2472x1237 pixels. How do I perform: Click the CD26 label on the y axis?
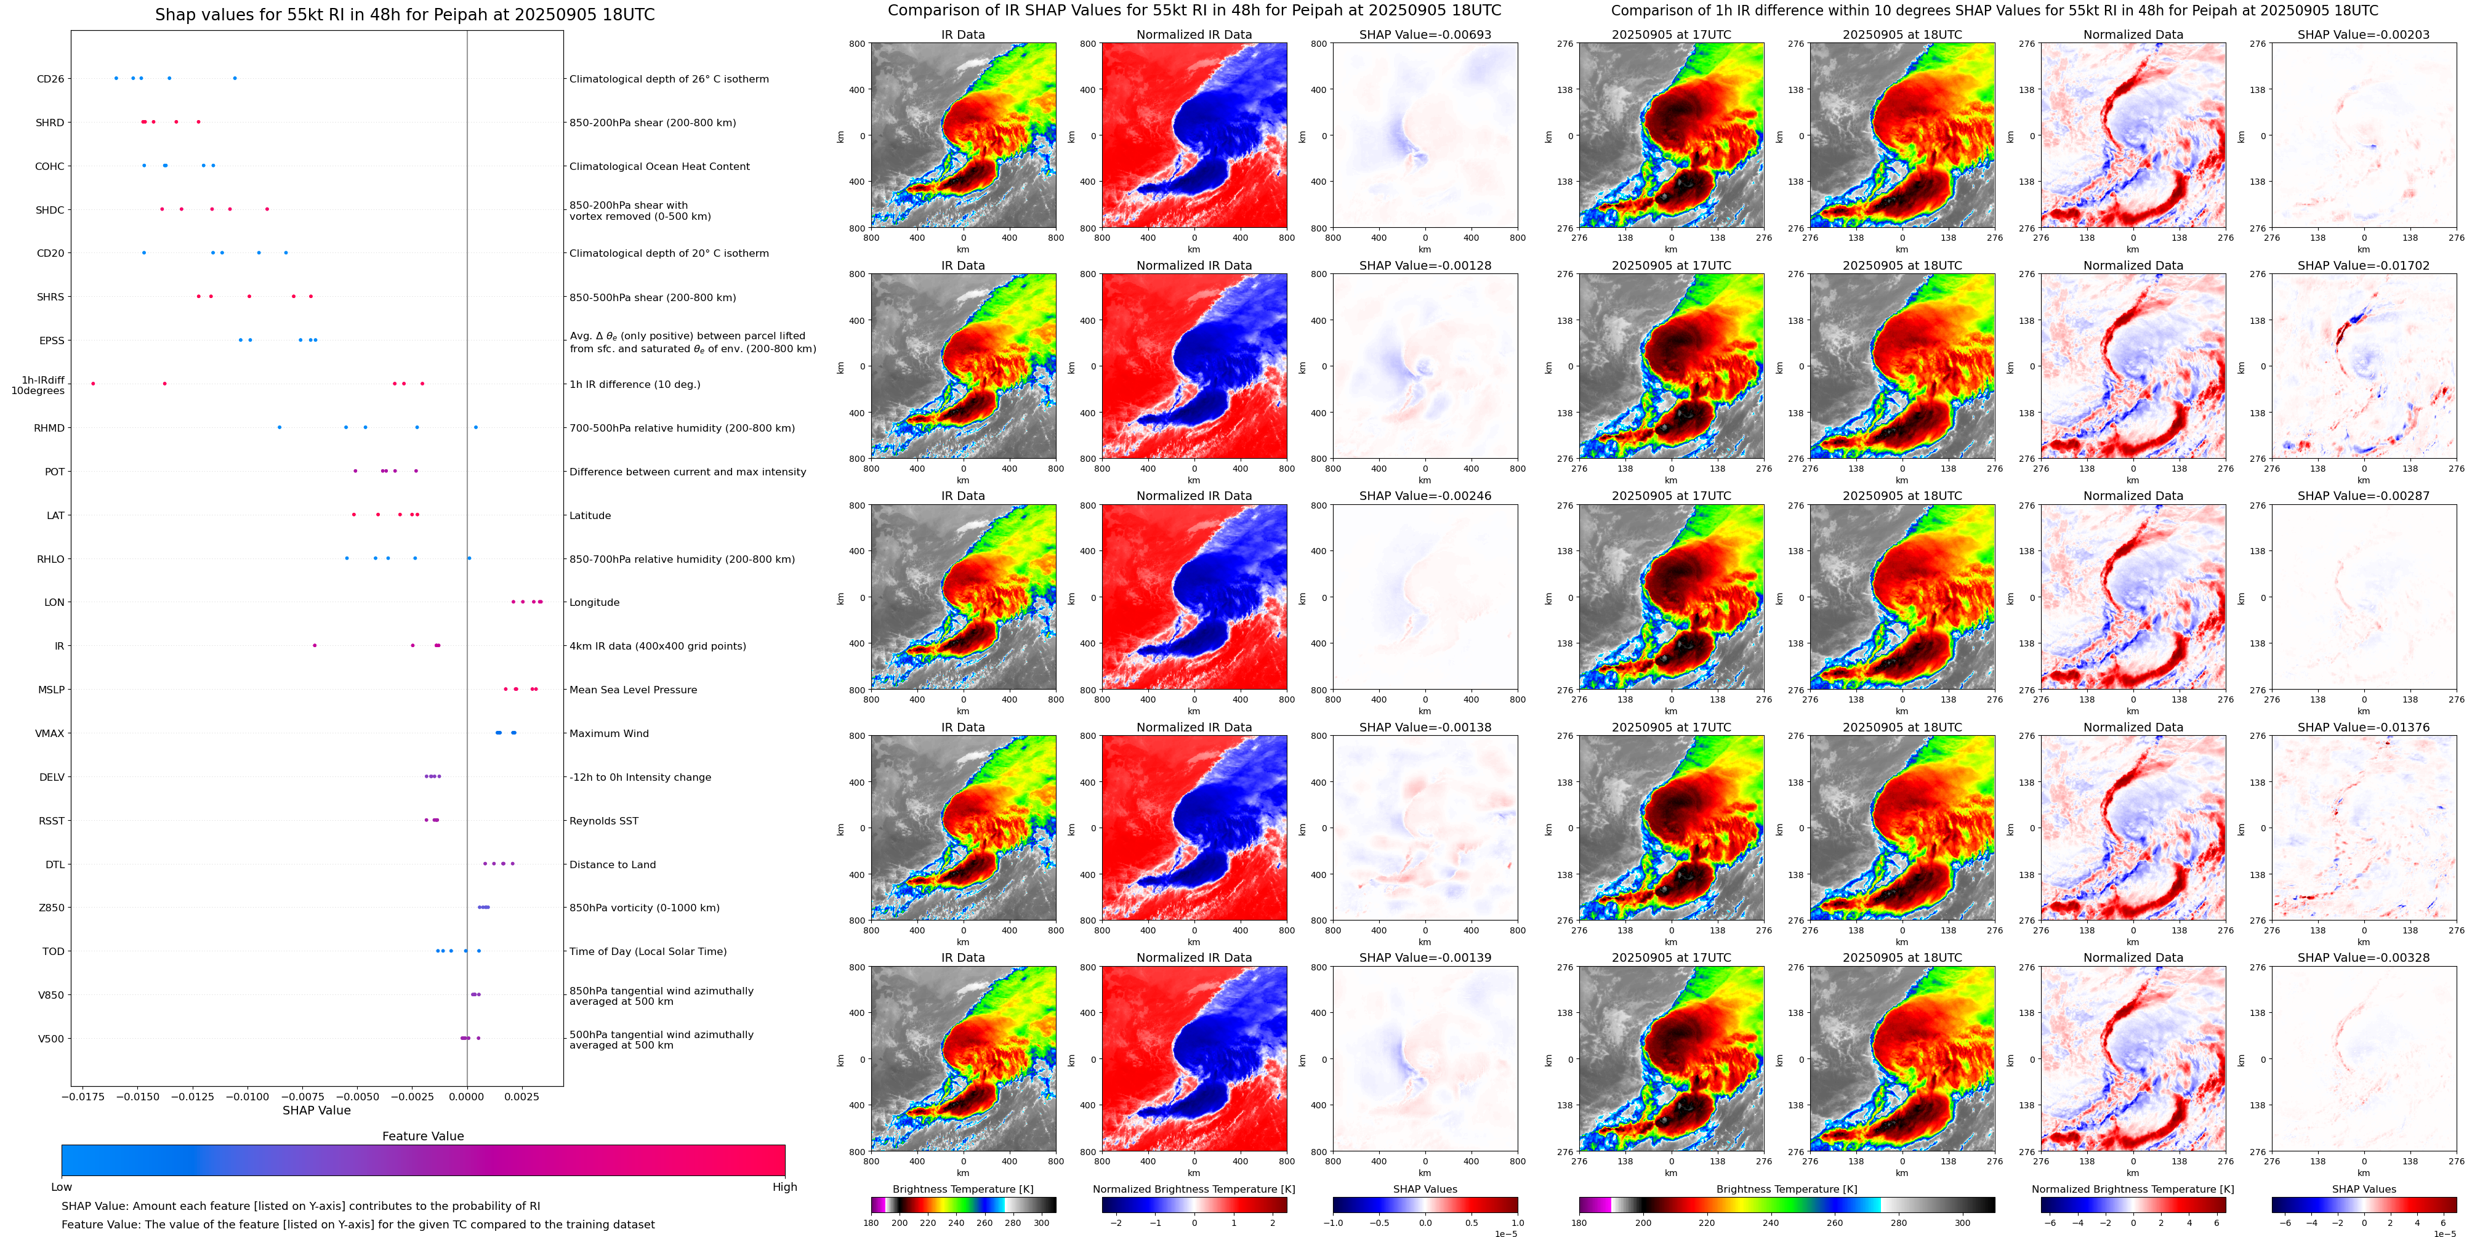pyautogui.click(x=50, y=79)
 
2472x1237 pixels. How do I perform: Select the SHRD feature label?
pyautogui.click(x=50, y=123)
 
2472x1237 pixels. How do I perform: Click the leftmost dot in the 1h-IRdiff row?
pyautogui.click(x=93, y=384)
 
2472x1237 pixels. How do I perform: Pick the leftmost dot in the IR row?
pyautogui.click(x=315, y=646)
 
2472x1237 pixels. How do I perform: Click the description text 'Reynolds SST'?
pyautogui.click(x=603, y=821)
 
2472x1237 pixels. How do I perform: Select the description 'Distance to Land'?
pyautogui.click(x=612, y=864)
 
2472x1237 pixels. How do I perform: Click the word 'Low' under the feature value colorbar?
pyautogui.click(x=62, y=1187)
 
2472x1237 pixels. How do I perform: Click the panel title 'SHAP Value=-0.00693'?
pyautogui.click(x=1425, y=34)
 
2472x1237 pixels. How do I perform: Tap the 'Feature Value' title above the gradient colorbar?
pyautogui.click(x=422, y=1136)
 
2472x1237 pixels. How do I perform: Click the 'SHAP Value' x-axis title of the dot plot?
pyautogui.click(x=316, y=1110)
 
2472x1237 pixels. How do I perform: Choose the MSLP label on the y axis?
pyautogui.click(x=51, y=690)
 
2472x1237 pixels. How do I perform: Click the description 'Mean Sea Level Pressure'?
pyautogui.click(x=634, y=690)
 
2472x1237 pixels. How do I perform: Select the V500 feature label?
pyautogui.click(x=51, y=1038)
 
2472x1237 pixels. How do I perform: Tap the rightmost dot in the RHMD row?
pyautogui.click(x=475, y=427)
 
